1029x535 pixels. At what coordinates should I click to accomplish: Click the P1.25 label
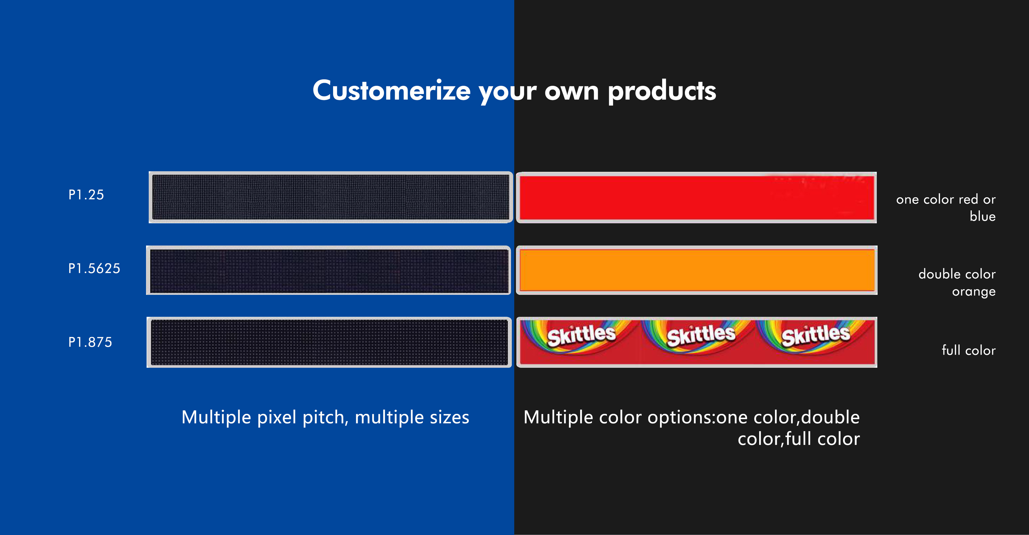[x=86, y=195]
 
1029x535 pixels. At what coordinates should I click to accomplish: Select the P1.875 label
[x=90, y=342]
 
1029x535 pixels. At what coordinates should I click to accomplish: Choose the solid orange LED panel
[x=697, y=270]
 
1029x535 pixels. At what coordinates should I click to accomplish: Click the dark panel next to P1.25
[x=331, y=197]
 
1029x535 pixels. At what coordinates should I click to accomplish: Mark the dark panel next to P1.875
[x=329, y=342]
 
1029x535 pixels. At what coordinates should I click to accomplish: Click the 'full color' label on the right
[x=969, y=350]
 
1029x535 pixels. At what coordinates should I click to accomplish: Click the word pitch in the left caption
[x=323, y=418]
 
